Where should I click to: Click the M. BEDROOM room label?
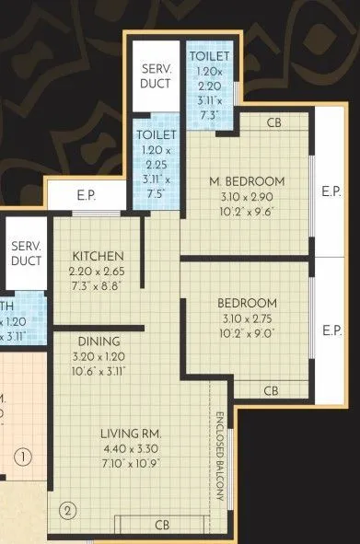247,180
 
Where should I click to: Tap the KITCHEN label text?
98,255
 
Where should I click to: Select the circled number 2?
67,508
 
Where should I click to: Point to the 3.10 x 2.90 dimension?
247,196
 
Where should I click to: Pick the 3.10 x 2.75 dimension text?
247,318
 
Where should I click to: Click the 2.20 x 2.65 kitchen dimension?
98,271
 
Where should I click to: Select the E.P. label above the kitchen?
87,196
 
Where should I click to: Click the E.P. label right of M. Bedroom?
332,192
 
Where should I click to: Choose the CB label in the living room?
162,526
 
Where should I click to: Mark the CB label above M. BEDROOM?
273,122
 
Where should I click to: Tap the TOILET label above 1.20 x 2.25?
150,133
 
